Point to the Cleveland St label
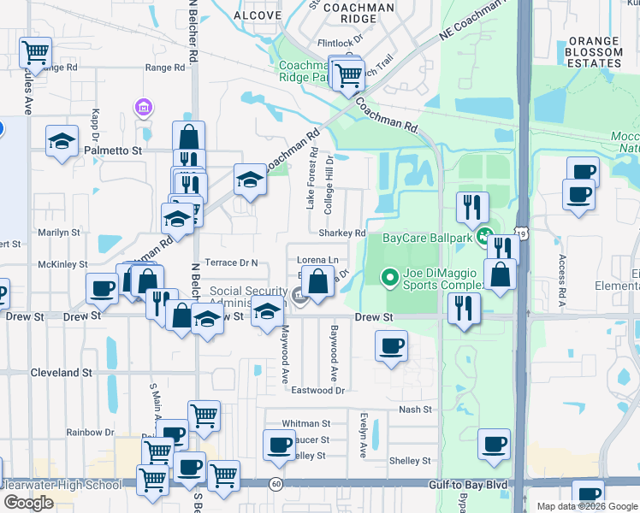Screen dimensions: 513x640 tap(61, 373)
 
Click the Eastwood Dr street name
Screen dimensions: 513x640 tap(317, 390)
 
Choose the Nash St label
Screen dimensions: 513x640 tap(415, 410)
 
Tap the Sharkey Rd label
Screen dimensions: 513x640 tap(341, 233)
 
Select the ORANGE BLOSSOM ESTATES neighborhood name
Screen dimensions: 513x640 tap(596, 52)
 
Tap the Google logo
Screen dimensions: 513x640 tap(28, 503)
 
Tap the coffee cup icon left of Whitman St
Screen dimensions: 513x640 tap(280, 445)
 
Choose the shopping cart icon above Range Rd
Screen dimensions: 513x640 tap(35, 53)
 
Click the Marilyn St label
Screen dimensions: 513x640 tap(58, 232)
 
